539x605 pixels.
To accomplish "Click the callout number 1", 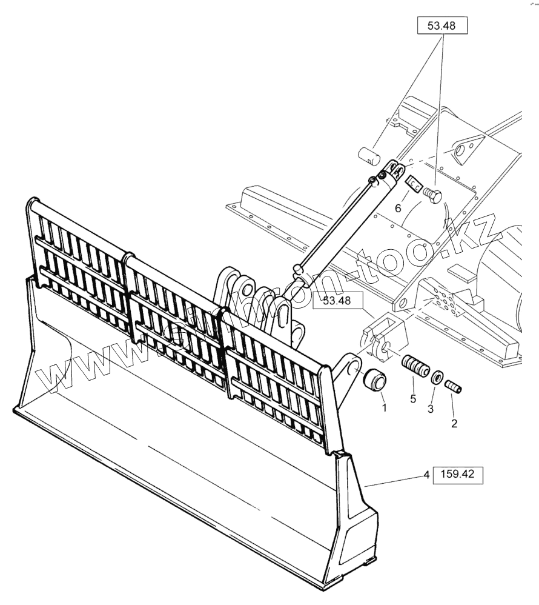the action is click(x=383, y=407).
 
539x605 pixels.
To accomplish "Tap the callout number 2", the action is click(x=454, y=423).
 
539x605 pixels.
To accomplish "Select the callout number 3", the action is click(x=431, y=409).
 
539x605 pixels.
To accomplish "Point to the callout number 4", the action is click(x=426, y=476).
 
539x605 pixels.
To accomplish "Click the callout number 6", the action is click(x=398, y=207).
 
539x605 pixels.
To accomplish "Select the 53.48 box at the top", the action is click(x=443, y=26).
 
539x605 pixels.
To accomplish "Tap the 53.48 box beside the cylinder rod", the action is click(x=337, y=301).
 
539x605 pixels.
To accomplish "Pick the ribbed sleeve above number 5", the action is click(x=416, y=368).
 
